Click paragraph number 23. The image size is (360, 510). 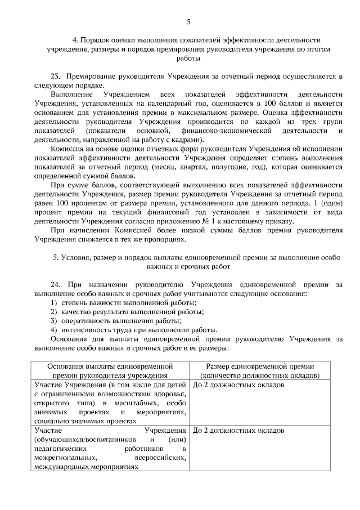[x=55, y=76]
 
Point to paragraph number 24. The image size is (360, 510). [x=55, y=285]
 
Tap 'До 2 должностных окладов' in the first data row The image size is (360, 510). [x=238, y=384]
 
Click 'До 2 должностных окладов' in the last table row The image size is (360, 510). [x=238, y=430]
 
